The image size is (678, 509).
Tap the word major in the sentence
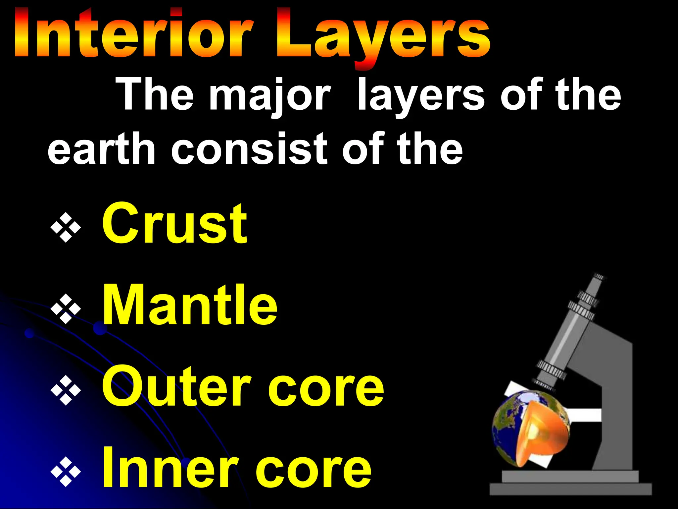270,96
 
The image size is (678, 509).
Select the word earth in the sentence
101,149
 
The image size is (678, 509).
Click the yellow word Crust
174,224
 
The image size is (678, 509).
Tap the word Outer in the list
175,386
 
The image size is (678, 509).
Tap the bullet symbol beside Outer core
66,390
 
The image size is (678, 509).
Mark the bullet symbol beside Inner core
66,472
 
